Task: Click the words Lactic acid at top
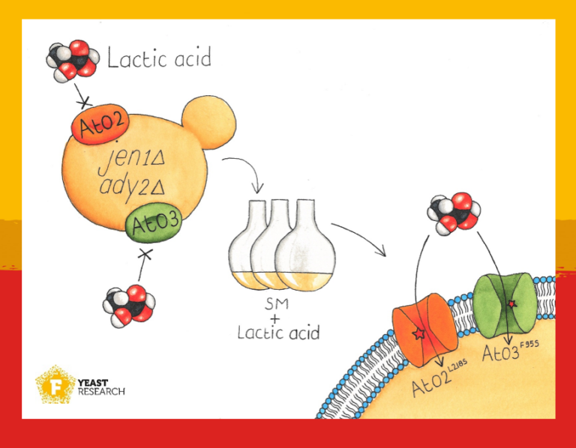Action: (x=159, y=58)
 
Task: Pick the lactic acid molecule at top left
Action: (x=72, y=59)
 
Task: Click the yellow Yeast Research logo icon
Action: (x=55, y=386)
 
